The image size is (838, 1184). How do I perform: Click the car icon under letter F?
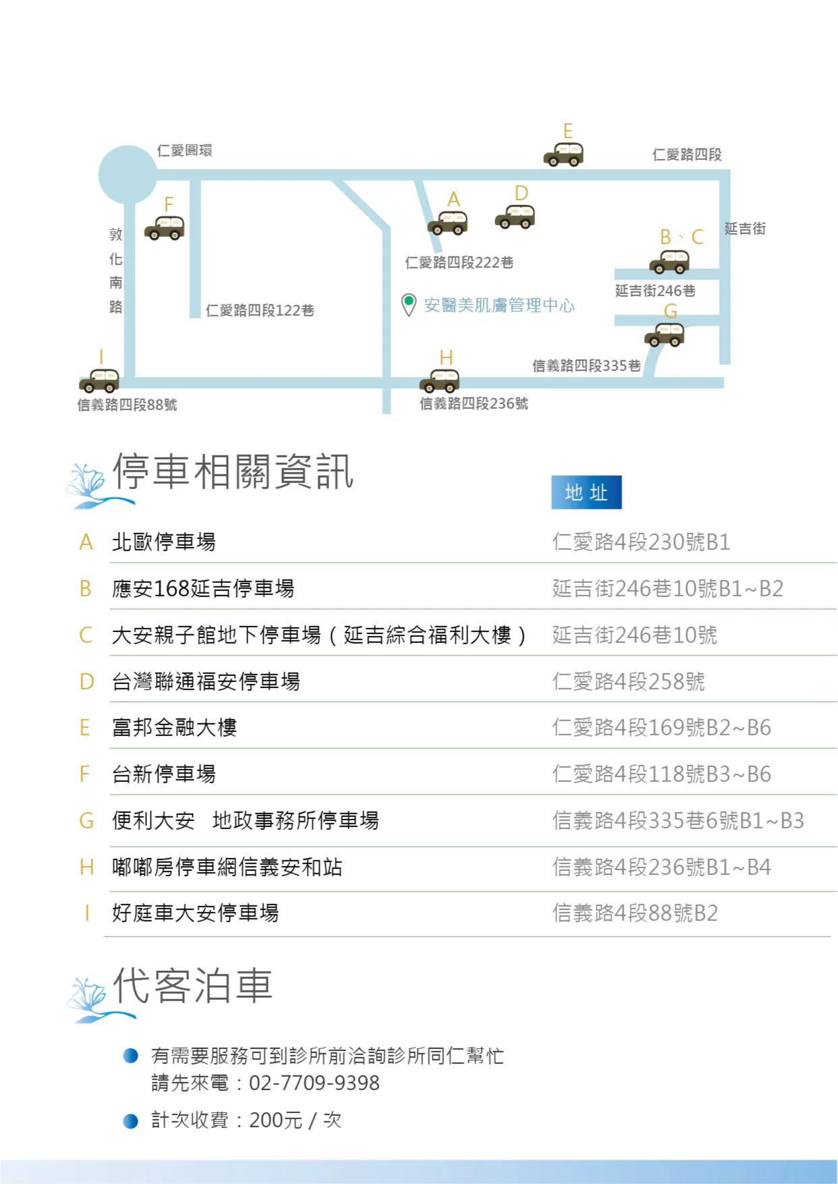[x=165, y=228]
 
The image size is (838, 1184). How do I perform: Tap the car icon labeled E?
[x=563, y=154]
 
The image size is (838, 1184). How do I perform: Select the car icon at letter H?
[x=440, y=380]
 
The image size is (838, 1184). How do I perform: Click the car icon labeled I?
[x=99, y=380]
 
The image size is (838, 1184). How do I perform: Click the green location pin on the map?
[x=408, y=304]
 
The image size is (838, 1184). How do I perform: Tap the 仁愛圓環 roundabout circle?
[x=128, y=174]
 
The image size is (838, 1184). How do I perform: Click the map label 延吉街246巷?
[x=655, y=291]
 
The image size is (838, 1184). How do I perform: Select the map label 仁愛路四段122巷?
[x=260, y=310]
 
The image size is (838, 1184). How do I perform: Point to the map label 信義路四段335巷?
[x=586, y=366]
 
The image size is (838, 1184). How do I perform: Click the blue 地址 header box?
[x=586, y=492]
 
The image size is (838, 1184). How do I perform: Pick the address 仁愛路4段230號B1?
[x=641, y=542]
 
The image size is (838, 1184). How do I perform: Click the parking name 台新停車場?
[x=164, y=774]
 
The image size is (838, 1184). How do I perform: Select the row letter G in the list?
[x=86, y=820]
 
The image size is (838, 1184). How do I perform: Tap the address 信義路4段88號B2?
[x=635, y=913]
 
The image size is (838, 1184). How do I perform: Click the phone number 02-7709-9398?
[x=314, y=1083]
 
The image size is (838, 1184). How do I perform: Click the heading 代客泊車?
[x=193, y=986]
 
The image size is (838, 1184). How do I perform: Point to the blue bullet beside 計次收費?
[x=131, y=1121]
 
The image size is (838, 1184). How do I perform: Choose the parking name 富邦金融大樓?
[x=175, y=727]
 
